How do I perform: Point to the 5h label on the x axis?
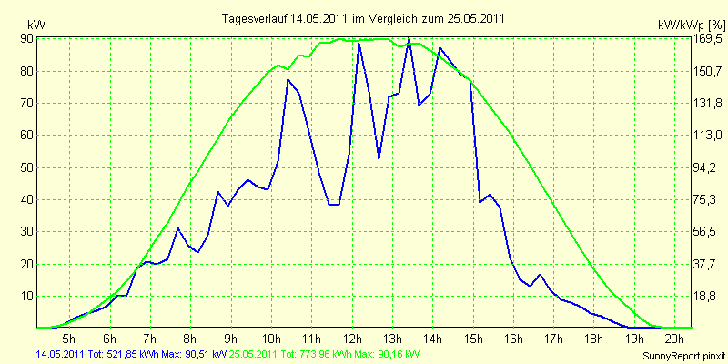tap(69, 338)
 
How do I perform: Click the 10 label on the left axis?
tap(28, 297)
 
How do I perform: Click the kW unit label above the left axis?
tap(36, 25)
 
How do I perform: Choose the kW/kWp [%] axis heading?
tap(692, 25)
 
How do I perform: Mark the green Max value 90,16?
tap(386, 354)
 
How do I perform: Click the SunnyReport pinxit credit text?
tap(683, 356)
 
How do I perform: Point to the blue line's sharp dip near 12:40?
tap(379, 158)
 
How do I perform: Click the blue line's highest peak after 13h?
tap(409, 40)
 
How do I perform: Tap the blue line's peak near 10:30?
tap(288, 80)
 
